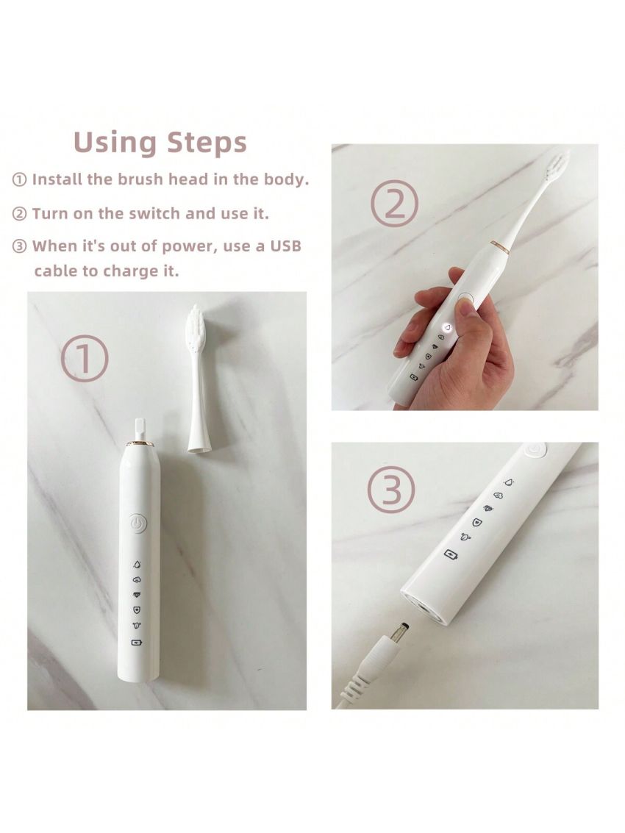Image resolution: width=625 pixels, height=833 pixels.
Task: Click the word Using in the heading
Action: point(116,143)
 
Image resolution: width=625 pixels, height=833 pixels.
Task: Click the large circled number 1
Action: point(85,358)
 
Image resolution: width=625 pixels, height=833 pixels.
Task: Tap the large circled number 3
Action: point(391,490)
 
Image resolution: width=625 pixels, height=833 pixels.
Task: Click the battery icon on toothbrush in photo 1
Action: point(137,643)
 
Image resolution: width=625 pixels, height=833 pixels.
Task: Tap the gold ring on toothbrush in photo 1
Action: point(139,444)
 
